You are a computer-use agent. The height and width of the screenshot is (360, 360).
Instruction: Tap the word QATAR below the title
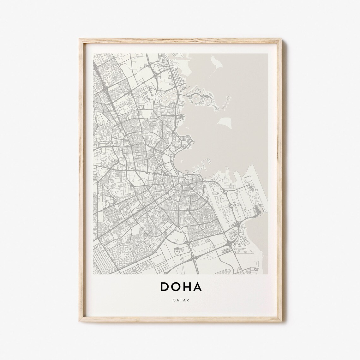click(181, 300)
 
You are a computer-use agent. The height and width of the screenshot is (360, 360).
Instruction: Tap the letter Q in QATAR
click(174, 300)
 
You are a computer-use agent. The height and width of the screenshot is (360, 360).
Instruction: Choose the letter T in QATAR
click(181, 300)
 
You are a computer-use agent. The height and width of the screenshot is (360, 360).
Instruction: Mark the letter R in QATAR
click(188, 300)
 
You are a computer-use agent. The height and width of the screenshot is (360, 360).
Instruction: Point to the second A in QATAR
click(184, 300)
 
